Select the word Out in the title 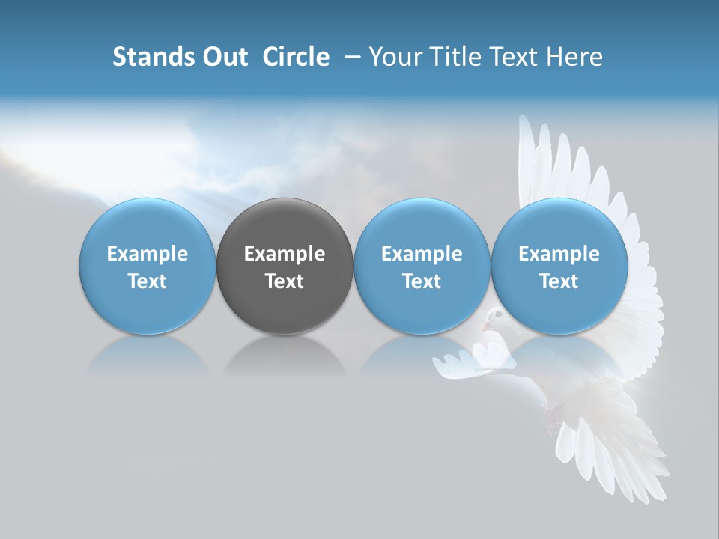pyautogui.click(x=223, y=57)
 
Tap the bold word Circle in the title pyautogui.click(x=296, y=57)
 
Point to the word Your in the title pyautogui.click(x=395, y=57)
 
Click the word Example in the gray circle pyautogui.click(x=285, y=254)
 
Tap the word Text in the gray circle pyautogui.click(x=285, y=281)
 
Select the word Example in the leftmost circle pyautogui.click(x=148, y=254)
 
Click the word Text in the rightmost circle pyautogui.click(x=559, y=281)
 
